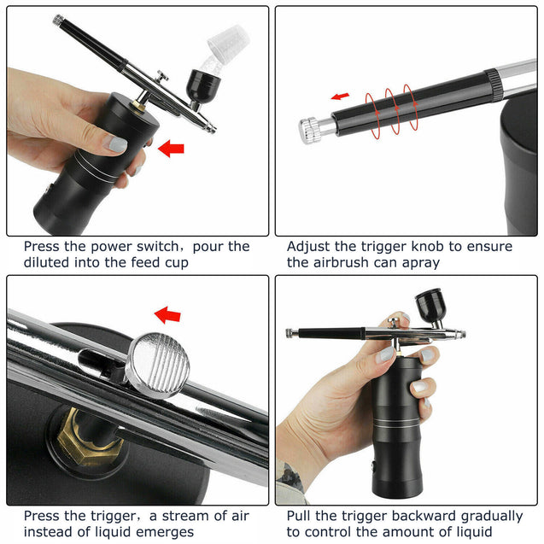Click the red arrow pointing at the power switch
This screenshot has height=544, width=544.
pyautogui.click(x=172, y=149)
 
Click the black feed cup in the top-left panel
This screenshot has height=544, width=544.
pyautogui.click(x=204, y=86)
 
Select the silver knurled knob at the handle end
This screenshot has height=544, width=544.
pyautogui.click(x=313, y=129)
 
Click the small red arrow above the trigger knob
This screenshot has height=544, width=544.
pyautogui.click(x=340, y=96)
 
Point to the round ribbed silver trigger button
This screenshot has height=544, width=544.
pyautogui.click(x=158, y=365)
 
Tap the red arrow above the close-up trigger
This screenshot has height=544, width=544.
pyautogui.click(x=167, y=315)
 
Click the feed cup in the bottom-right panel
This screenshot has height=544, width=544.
pyautogui.click(x=432, y=306)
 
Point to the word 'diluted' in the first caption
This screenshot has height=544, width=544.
pyautogui.click(x=47, y=262)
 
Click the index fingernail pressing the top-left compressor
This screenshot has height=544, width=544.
pyautogui.click(x=118, y=144)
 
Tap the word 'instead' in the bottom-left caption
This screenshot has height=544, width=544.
pyautogui.click(x=49, y=532)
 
